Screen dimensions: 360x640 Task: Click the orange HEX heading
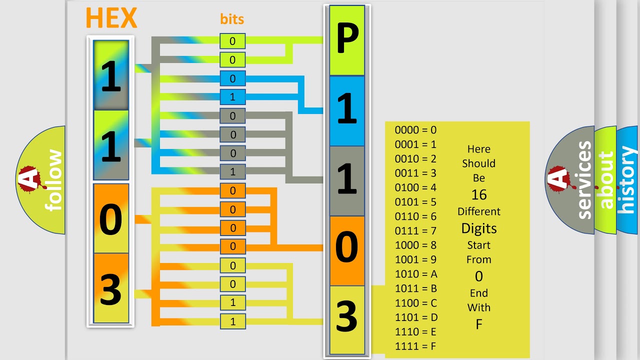(111, 18)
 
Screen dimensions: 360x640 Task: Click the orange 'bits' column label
(232, 19)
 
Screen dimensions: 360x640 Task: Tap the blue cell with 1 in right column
(347, 111)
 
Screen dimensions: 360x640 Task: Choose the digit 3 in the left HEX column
(111, 288)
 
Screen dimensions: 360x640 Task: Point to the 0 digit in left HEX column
(111, 219)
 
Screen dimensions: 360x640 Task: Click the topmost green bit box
(232, 41)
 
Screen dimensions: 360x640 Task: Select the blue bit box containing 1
(232, 97)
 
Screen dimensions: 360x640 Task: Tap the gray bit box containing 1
(232, 171)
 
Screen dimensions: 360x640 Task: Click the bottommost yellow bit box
(232, 321)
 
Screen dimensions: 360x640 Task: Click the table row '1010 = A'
(416, 274)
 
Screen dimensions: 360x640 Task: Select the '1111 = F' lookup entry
(416, 346)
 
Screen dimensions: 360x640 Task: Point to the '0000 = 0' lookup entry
(415, 130)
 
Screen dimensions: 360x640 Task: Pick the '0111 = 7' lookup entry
(415, 231)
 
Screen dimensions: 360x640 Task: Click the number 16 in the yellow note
(478, 195)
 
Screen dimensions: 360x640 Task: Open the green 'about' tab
(605, 180)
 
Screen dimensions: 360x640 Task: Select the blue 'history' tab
(627, 180)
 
